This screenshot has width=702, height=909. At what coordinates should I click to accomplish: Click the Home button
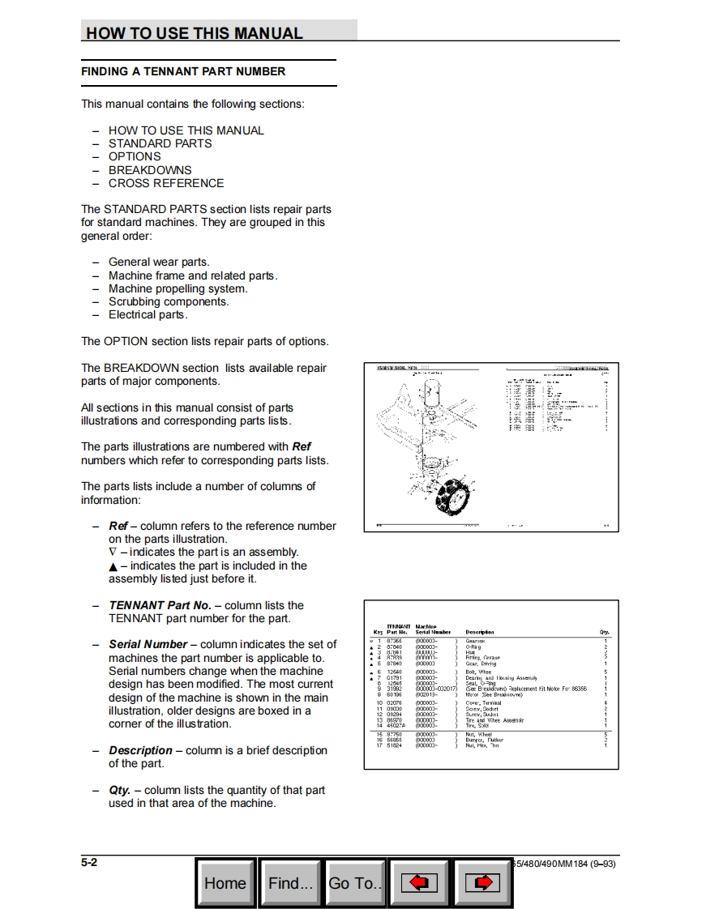[x=225, y=882]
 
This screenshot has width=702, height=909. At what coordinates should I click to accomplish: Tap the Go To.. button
[x=354, y=882]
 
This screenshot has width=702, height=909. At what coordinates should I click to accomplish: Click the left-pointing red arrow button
[x=419, y=882]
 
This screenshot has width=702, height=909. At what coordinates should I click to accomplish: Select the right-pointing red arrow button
[x=482, y=882]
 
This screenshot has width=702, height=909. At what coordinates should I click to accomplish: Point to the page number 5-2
[x=89, y=863]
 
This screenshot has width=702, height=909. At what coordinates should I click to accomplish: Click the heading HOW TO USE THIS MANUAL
[x=195, y=33]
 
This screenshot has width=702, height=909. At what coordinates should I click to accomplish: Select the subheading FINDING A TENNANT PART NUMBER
[x=183, y=71]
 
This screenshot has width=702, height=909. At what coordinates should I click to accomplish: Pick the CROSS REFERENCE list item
[x=166, y=183]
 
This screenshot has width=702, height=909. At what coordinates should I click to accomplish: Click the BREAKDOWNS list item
[x=150, y=170]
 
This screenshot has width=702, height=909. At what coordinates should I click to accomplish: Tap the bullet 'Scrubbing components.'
[x=169, y=301]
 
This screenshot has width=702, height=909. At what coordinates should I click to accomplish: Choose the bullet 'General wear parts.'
[x=159, y=262]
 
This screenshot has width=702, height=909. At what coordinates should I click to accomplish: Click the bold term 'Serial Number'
[x=148, y=645]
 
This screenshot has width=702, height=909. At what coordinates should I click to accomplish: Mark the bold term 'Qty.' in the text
[x=119, y=790]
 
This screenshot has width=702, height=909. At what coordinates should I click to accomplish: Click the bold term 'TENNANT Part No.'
[x=160, y=605]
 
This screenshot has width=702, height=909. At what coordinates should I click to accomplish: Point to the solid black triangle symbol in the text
[x=113, y=566]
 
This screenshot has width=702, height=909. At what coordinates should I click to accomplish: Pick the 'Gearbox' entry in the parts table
[x=475, y=640]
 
